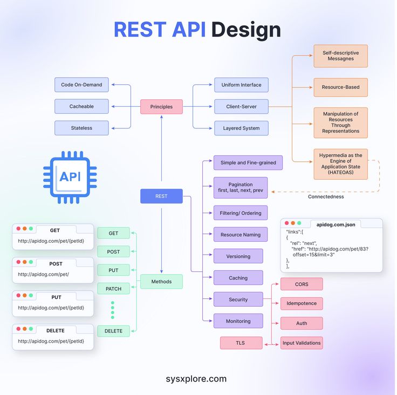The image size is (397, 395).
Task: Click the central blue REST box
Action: click(x=161, y=196)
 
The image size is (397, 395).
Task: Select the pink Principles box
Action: click(x=161, y=107)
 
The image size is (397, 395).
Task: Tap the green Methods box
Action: click(x=161, y=282)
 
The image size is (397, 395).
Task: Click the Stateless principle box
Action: click(x=81, y=128)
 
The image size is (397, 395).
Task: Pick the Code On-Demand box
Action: click(x=81, y=85)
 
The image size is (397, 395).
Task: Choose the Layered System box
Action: click(x=241, y=128)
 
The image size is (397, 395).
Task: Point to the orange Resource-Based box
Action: click(x=340, y=87)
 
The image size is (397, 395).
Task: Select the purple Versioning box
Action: click(x=238, y=256)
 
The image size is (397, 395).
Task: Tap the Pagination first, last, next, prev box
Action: click(x=240, y=187)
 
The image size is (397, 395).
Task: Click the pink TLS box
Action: click(x=241, y=343)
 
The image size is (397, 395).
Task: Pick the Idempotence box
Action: click(x=302, y=304)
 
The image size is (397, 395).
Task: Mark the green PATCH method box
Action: click(x=113, y=289)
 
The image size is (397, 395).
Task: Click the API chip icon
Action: click(x=70, y=177)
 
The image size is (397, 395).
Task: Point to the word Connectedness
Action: click(x=326, y=196)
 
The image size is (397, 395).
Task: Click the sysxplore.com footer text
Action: click(x=196, y=379)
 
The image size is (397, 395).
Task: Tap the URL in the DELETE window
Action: click(x=51, y=341)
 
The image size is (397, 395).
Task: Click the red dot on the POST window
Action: click(x=18, y=263)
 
